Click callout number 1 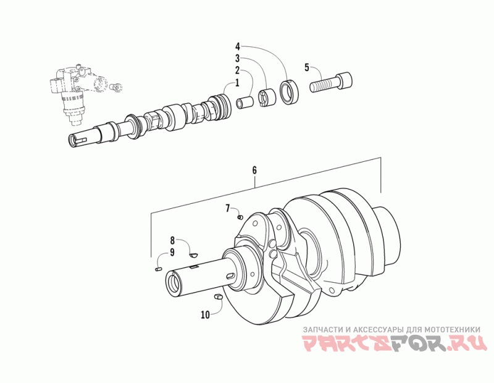point(237,83)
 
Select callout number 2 point(237,71)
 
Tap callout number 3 point(237,59)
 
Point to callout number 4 point(237,46)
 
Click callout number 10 point(205,314)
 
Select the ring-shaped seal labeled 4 point(288,91)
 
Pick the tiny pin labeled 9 point(158,269)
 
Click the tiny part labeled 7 point(240,216)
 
